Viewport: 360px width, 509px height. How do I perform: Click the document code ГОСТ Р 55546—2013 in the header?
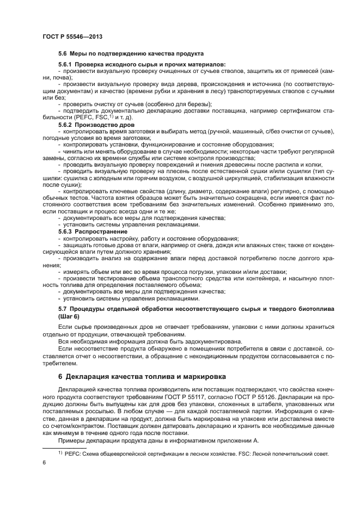(x=72, y=36)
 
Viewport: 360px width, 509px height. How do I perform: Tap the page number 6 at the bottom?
(x=44, y=462)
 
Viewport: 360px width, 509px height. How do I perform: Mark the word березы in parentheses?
(x=199, y=104)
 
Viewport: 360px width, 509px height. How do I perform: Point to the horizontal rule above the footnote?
(x=66, y=447)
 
